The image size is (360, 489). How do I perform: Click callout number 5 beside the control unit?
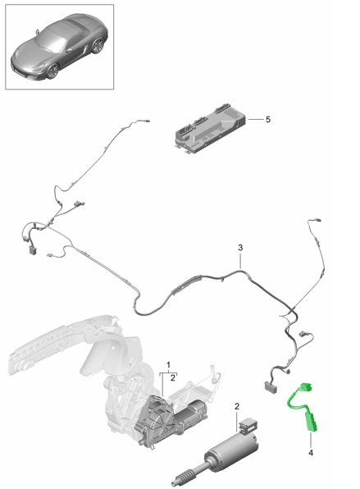tap(267, 120)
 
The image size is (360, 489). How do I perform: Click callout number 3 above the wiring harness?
tap(240, 248)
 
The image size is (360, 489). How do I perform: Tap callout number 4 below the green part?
tap(311, 453)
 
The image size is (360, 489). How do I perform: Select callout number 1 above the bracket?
tap(168, 364)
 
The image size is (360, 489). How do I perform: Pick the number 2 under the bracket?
tap(173, 378)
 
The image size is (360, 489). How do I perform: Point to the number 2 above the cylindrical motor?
tap(237, 406)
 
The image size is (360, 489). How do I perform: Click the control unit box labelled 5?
tap(210, 130)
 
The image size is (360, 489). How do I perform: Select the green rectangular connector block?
tap(311, 423)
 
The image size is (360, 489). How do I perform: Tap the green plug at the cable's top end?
tap(306, 386)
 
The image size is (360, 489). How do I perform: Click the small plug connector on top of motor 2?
tap(248, 425)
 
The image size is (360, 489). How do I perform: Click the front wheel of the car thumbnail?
tap(52, 71)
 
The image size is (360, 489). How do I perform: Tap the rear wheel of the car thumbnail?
tap(98, 45)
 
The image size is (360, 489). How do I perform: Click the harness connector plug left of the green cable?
tap(271, 387)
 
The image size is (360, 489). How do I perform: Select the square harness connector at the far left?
tap(33, 250)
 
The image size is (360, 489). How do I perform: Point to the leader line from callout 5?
tap(255, 120)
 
